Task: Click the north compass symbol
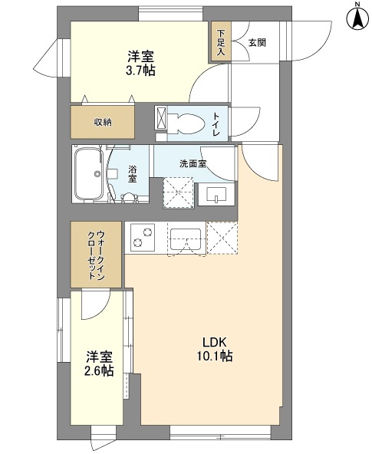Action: click(358, 18)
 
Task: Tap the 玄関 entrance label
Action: click(257, 43)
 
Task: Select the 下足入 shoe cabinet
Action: click(221, 41)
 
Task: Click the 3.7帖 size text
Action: click(140, 71)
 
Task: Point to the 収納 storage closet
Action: click(103, 122)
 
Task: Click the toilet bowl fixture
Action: click(186, 123)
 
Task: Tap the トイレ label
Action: click(217, 124)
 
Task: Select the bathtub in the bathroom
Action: click(89, 174)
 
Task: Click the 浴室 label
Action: click(133, 174)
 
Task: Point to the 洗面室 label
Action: click(193, 164)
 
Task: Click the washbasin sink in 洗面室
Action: click(216, 194)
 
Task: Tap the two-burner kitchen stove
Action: click(142, 237)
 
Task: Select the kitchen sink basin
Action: click(186, 239)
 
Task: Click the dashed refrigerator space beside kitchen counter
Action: click(222, 238)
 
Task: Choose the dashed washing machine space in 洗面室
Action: click(178, 192)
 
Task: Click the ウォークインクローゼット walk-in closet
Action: click(96, 255)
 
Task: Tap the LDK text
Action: click(214, 342)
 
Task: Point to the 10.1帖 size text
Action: click(215, 356)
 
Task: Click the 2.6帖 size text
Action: click(99, 371)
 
